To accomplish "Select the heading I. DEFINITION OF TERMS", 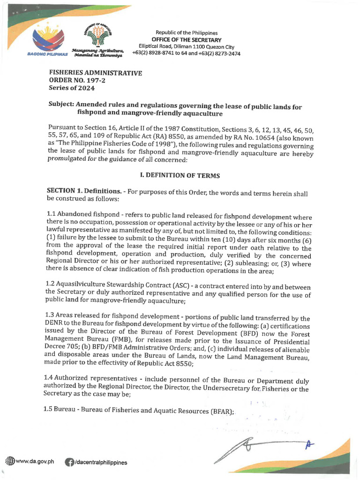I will pos(180,175).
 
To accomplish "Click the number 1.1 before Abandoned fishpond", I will pos(52,213).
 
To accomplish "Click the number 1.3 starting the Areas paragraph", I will pos(52,319).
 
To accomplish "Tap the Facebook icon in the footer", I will pos(69,462).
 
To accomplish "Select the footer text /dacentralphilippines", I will pos(100,462).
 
